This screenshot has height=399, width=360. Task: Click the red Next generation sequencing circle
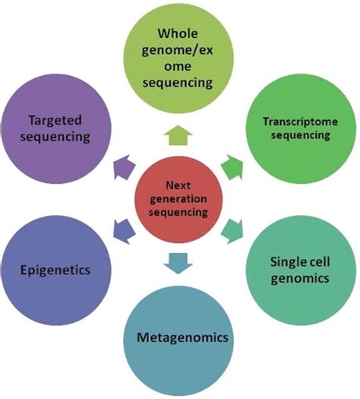click(178, 200)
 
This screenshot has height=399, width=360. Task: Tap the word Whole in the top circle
click(178, 33)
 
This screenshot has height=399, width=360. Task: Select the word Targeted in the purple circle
click(55, 120)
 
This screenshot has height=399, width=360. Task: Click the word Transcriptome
click(300, 122)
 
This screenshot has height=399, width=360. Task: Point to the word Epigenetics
click(55, 271)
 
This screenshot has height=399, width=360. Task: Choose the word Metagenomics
click(182, 337)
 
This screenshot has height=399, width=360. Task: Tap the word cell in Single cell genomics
click(316, 261)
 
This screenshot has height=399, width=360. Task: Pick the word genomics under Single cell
click(300, 278)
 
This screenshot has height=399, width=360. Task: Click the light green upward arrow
click(178, 135)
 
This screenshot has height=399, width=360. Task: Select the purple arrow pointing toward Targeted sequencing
click(125, 167)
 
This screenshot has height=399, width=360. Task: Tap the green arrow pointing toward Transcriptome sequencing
click(232, 167)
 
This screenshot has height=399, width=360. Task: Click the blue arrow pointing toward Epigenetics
click(124, 231)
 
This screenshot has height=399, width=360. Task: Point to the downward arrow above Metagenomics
click(178, 264)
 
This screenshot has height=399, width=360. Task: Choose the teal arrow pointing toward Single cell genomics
click(232, 232)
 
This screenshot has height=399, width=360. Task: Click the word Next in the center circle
click(178, 185)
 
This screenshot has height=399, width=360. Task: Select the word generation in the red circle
click(178, 199)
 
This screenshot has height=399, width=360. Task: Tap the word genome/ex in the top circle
click(177, 51)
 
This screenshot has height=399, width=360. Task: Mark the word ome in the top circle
click(178, 67)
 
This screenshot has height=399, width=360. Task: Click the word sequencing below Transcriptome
click(300, 135)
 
